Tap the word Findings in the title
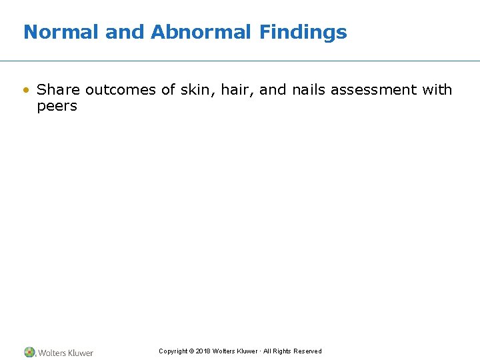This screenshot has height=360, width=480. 303,32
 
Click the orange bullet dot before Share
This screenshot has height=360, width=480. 26,90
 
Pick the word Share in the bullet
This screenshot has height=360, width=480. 59,89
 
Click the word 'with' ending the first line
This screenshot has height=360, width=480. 437,89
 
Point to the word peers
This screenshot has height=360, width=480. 57,106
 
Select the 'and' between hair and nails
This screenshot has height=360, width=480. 273,89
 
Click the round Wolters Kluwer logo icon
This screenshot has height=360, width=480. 29,352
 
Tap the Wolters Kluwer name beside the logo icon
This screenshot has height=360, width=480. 65,353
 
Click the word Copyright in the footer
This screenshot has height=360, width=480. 173,351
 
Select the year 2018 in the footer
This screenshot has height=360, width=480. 203,351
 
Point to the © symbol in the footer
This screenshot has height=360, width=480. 191,351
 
